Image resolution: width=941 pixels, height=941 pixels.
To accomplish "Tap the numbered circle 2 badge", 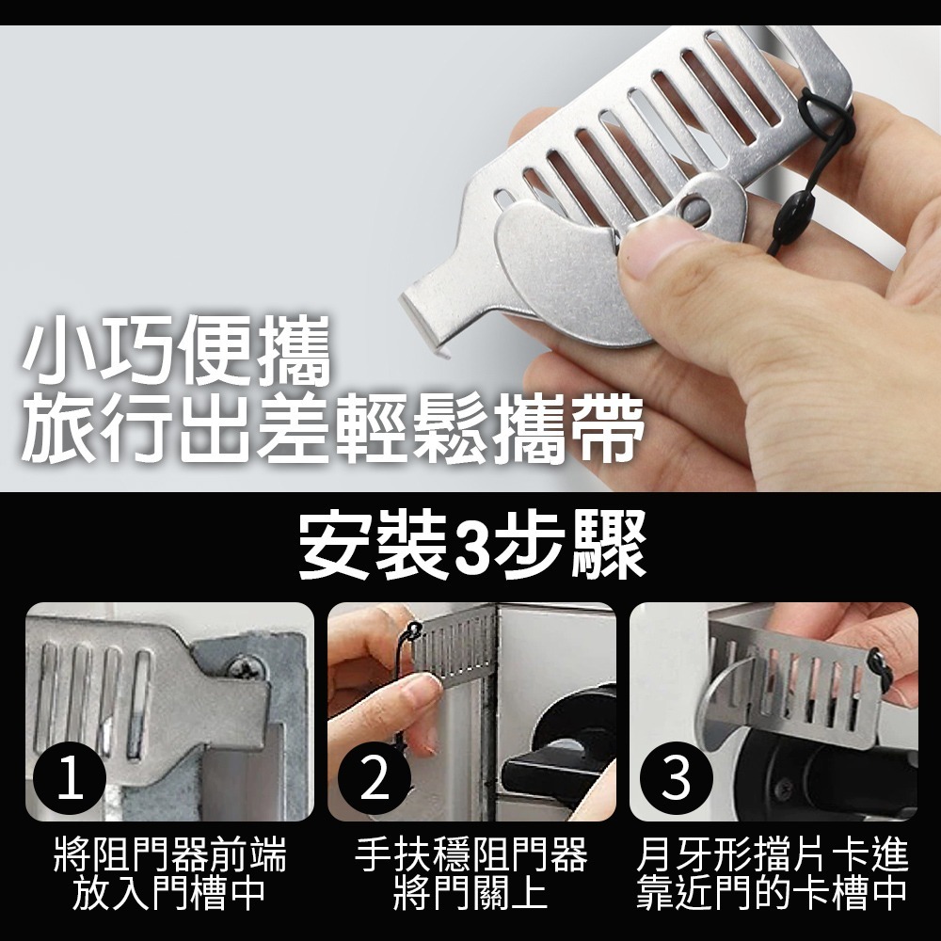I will tap(375, 780).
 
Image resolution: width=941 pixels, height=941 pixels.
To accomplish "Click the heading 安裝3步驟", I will tap(470, 547).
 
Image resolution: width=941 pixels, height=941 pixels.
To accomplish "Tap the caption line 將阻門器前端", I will tap(169, 856).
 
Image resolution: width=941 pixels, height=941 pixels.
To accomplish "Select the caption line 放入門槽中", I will tap(169, 893).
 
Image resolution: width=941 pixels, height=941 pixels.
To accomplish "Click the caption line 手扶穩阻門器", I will tap(470, 856).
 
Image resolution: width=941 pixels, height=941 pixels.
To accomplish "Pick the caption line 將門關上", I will tap(470, 893).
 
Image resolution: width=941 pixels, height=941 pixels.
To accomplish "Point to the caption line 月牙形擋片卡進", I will tap(772, 856).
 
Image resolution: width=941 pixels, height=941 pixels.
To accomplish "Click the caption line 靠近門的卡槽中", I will tap(772, 893).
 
